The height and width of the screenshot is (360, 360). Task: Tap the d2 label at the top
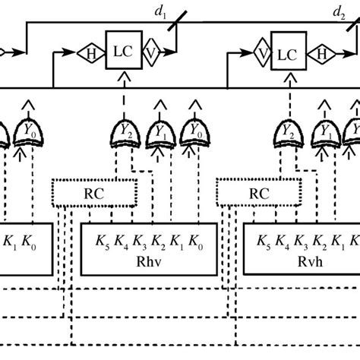[x=337, y=11]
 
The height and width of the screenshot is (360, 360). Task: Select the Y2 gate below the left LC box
[x=125, y=131]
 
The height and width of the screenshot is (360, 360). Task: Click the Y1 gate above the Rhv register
[x=160, y=131]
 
